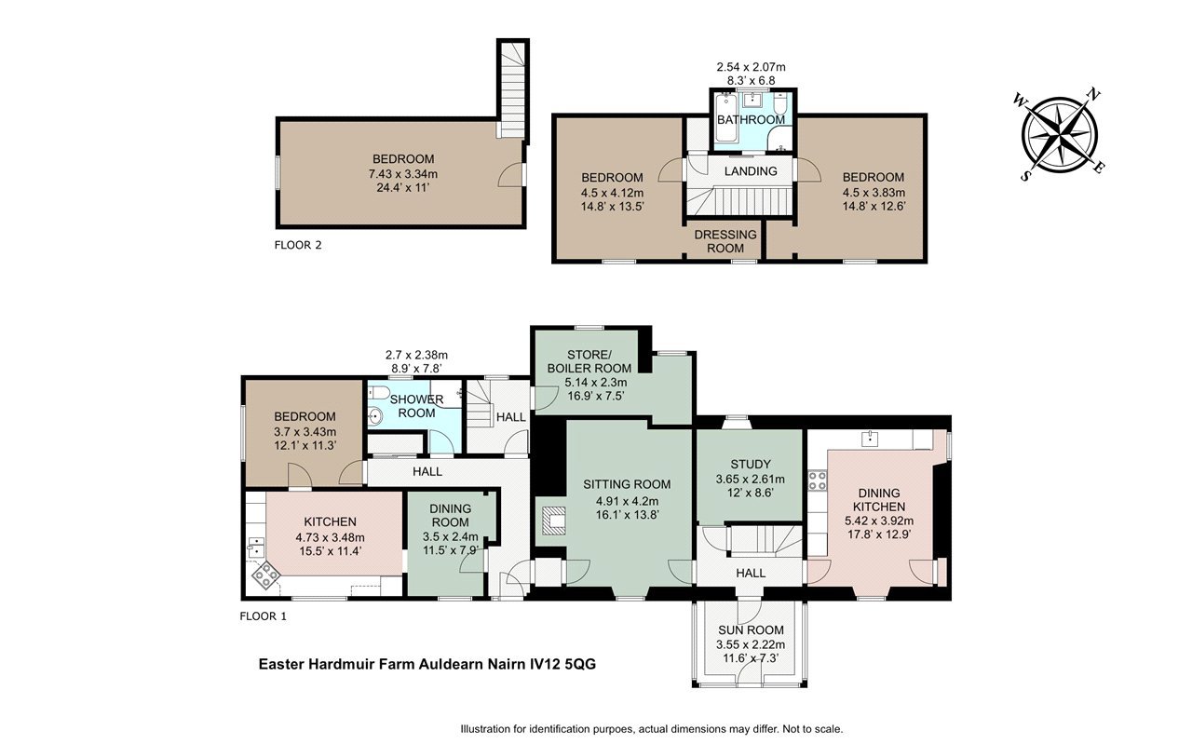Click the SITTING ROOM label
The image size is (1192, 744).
(x=627, y=484)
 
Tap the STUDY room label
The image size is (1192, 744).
(x=751, y=464)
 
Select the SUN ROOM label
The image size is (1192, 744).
(x=751, y=630)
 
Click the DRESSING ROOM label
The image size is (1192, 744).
(x=725, y=241)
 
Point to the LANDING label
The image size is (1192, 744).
(x=751, y=170)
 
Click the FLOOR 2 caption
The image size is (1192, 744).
(x=298, y=245)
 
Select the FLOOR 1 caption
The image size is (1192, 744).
(x=264, y=616)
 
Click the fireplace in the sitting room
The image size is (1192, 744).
(x=553, y=521)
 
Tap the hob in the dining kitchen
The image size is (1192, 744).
(x=818, y=481)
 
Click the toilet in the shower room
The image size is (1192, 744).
(x=379, y=393)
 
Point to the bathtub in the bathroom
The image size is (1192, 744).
(x=725, y=121)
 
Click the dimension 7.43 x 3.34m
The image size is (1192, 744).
(x=403, y=173)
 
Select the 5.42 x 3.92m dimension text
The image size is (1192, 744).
(x=879, y=521)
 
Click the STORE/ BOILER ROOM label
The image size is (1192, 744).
(x=589, y=361)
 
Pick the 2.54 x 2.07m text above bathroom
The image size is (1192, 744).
(x=751, y=67)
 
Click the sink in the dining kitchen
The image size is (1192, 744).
(x=870, y=439)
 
